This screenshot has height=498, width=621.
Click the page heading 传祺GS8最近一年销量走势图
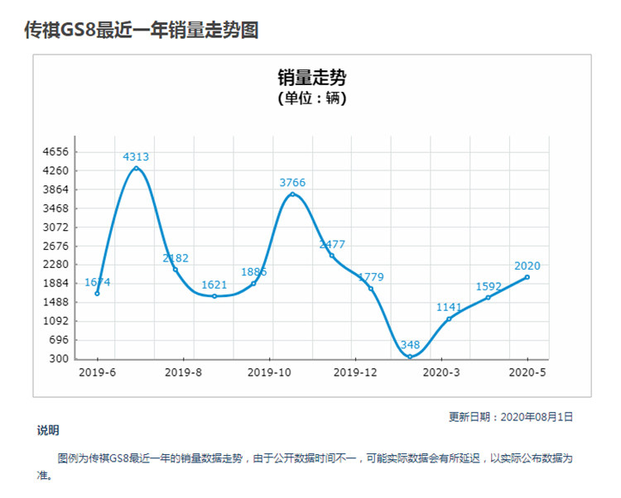point(142,30)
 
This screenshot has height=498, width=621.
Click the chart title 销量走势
point(311,79)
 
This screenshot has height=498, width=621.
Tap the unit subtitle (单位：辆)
point(311,98)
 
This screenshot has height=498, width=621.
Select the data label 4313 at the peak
point(136,156)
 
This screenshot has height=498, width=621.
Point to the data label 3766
point(292,183)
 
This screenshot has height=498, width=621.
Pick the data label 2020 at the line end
point(527,266)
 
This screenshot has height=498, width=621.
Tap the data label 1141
point(450,307)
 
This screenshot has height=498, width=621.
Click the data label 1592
point(489,286)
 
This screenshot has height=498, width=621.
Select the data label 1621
point(214,285)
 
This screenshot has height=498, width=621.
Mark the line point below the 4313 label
point(136,169)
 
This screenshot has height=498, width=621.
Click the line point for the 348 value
point(410,357)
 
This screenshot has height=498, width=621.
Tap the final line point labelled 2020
point(527,277)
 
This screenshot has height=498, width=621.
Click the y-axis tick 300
point(58,359)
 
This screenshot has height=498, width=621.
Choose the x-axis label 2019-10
point(269,373)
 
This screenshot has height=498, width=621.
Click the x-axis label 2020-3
point(440,373)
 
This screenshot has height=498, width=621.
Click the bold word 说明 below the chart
point(47,431)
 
